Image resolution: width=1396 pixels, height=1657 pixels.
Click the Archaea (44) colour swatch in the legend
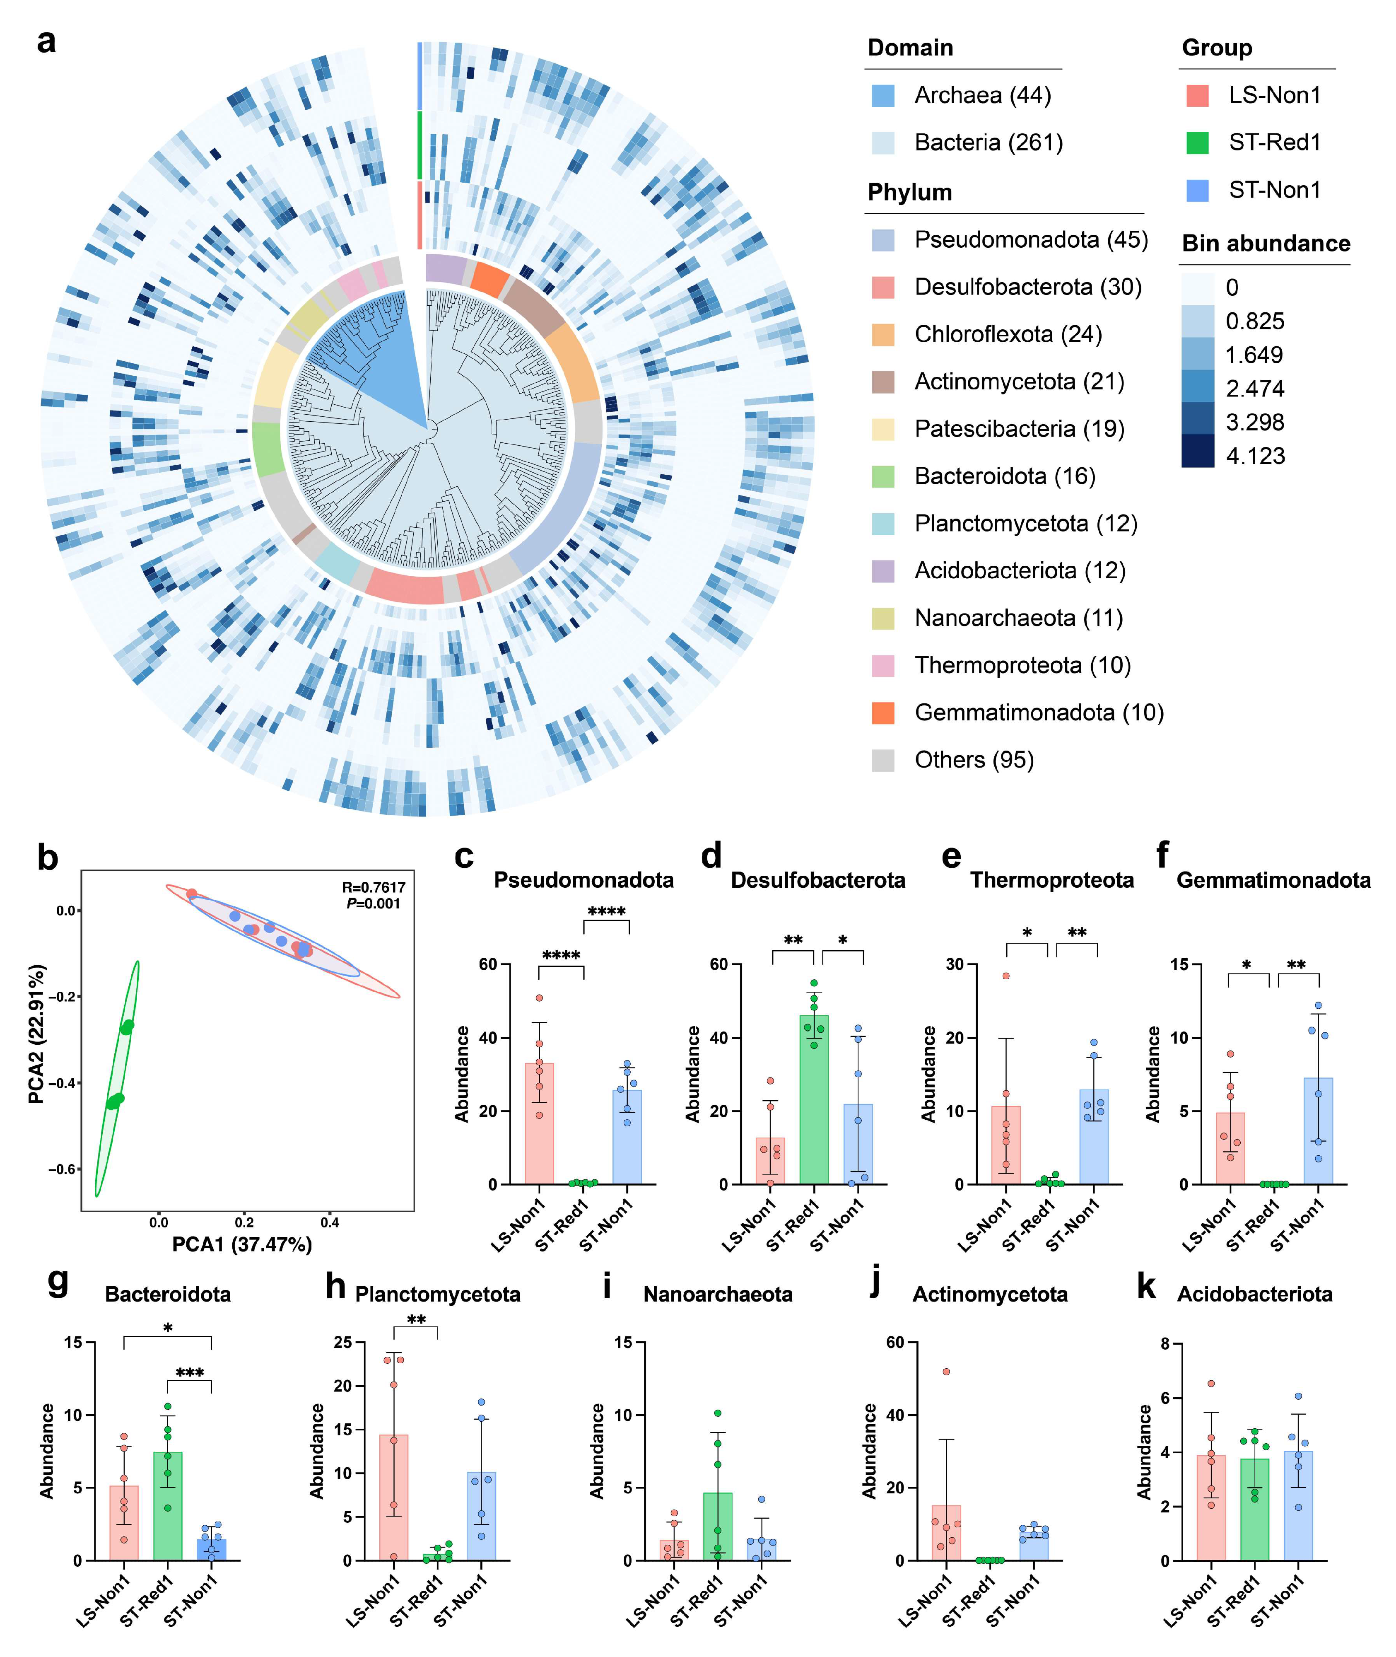[882, 96]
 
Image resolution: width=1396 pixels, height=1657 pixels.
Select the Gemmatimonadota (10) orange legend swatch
[882, 713]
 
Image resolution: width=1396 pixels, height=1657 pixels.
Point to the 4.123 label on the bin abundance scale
[1255, 456]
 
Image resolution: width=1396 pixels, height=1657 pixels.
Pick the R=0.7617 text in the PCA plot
[374, 886]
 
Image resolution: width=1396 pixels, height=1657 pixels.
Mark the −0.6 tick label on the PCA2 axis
[63, 1169]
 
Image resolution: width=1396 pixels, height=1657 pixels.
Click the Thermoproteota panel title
[1052, 880]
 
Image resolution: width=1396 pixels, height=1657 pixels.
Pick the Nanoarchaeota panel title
[718, 1295]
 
